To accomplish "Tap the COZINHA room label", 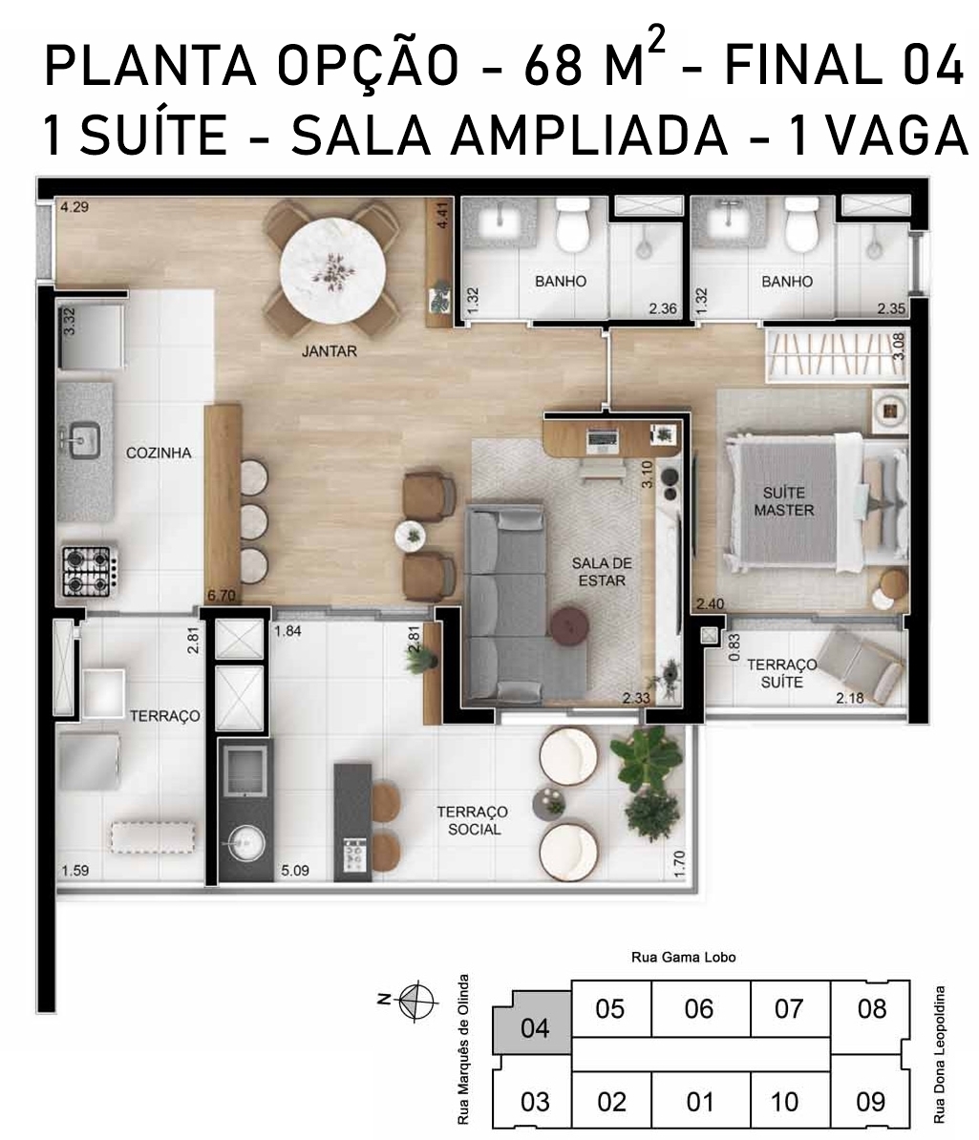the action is pyautogui.click(x=159, y=453).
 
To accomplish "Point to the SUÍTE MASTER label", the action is pyautogui.click(x=783, y=501).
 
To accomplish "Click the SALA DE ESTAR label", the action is pyautogui.click(x=602, y=572).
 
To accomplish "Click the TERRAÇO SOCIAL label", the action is pyautogui.click(x=472, y=820).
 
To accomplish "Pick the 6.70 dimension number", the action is pyautogui.click(x=222, y=596).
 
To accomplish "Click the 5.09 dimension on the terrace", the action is pyautogui.click(x=295, y=870).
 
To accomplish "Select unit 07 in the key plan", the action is pyautogui.click(x=788, y=1009).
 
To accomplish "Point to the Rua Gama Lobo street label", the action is pyautogui.click(x=683, y=958).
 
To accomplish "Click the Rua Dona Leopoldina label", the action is pyautogui.click(x=940, y=1054).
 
